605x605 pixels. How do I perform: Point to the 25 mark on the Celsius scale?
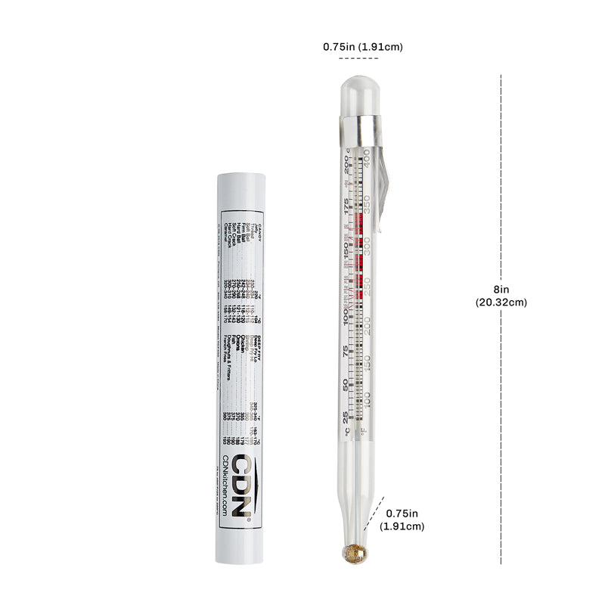tap(346, 417)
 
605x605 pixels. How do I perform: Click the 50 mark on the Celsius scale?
tap(346, 384)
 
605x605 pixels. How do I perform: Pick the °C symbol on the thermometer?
tap(346, 433)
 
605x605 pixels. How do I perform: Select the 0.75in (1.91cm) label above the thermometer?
tap(363, 46)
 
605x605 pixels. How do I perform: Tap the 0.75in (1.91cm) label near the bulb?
tap(402, 519)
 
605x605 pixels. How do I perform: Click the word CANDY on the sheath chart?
tap(258, 230)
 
